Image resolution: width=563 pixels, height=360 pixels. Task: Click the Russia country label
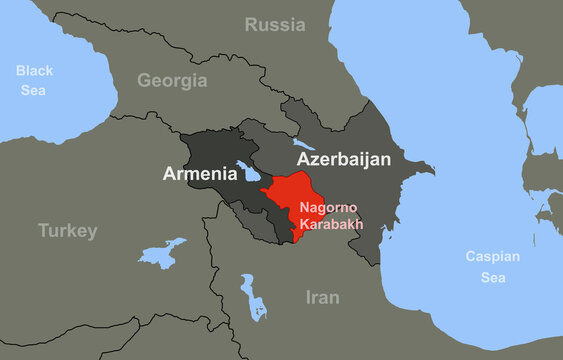coord(275,25)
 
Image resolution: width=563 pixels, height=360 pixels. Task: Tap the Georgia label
coord(172,81)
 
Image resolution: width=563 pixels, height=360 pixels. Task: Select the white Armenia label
coord(200,174)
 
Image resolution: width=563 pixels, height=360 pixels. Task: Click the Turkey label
coord(68,231)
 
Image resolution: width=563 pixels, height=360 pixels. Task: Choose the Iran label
coord(322,297)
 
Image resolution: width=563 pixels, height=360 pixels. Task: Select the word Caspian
coord(493,256)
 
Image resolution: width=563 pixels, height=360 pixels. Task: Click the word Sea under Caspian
coord(493,276)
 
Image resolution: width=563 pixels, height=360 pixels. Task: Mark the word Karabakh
coord(330,223)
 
